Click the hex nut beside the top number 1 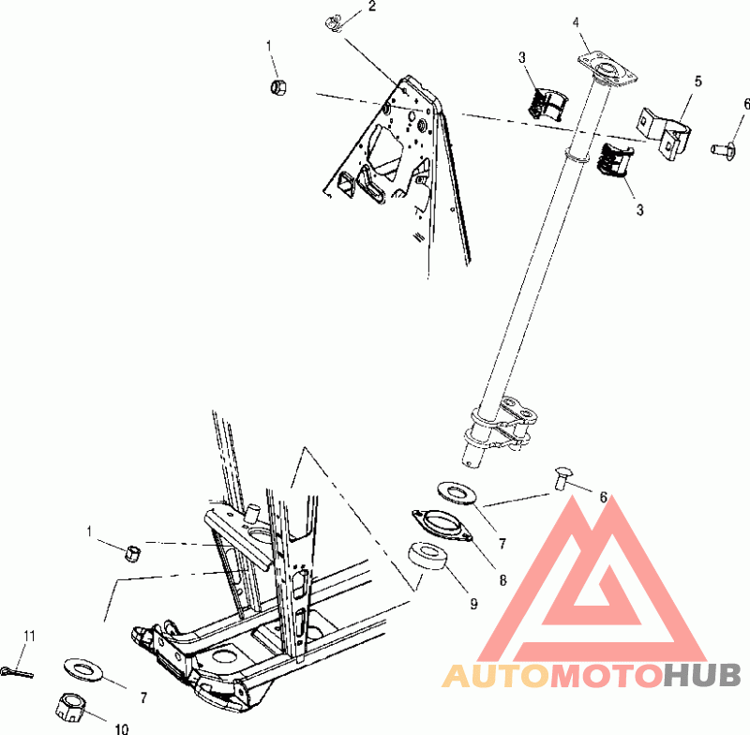coord(277,88)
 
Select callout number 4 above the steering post coord(577,22)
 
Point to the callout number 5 coord(698,82)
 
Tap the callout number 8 coord(503,580)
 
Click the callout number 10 coord(123,727)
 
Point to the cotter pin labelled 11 coord(18,669)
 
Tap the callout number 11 coord(29,637)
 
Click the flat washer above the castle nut coord(85,669)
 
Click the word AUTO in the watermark coord(493,676)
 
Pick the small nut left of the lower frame coord(133,551)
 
